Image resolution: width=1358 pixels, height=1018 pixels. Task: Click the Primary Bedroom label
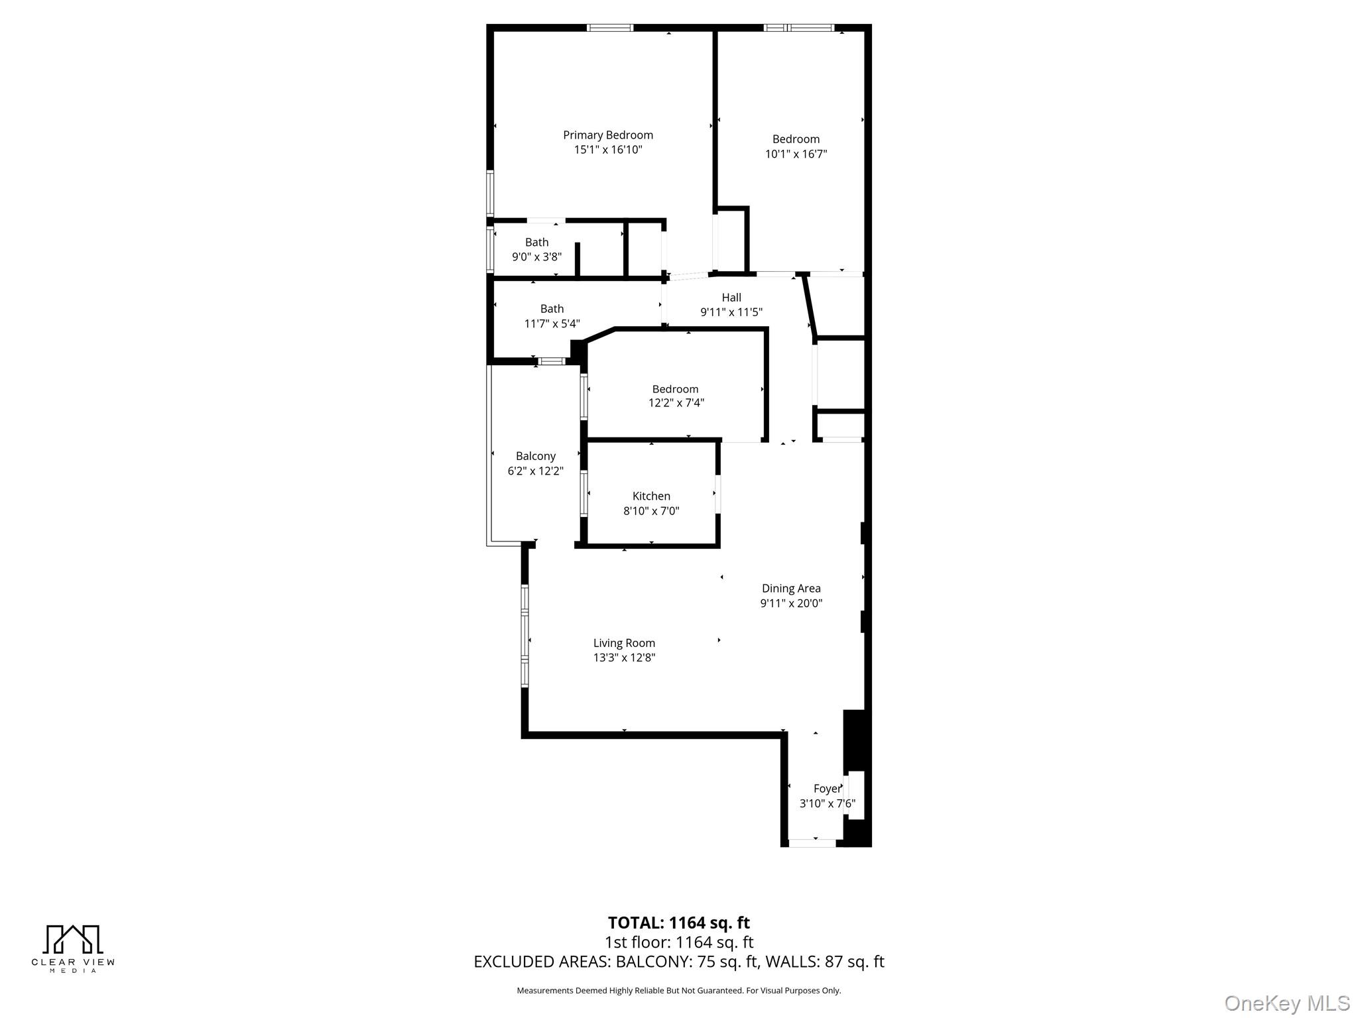tap(608, 135)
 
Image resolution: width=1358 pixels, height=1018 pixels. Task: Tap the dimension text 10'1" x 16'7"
tap(796, 154)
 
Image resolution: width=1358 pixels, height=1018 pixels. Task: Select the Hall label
tap(731, 298)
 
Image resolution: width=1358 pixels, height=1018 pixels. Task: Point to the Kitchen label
tap(651, 496)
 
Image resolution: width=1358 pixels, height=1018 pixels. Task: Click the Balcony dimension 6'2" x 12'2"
tap(536, 471)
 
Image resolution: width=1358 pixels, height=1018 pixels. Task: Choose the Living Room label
tap(624, 643)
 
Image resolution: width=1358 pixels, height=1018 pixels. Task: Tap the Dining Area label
tap(791, 588)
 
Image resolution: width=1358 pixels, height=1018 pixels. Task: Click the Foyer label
tap(827, 789)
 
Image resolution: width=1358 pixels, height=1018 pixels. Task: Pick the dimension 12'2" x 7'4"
tap(676, 402)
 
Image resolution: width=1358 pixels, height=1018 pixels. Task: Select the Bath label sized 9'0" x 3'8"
tap(537, 243)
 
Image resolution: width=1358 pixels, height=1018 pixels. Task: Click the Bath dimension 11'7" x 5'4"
tap(552, 323)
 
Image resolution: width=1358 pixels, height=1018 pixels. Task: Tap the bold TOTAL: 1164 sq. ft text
tap(678, 923)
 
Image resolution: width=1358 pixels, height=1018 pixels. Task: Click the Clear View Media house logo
tap(73, 940)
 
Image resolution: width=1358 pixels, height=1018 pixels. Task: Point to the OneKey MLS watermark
tap(1286, 1003)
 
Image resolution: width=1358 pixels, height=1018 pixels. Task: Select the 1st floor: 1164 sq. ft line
tap(678, 942)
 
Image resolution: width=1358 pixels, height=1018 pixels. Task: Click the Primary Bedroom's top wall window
tap(610, 28)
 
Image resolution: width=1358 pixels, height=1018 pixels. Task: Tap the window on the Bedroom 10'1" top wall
tap(798, 28)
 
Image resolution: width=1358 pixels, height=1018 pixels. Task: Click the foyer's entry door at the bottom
tap(812, 843)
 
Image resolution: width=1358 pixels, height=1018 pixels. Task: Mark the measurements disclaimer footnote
tap(678, 991)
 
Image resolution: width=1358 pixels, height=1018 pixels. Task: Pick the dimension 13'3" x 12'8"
tap(624, 657)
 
